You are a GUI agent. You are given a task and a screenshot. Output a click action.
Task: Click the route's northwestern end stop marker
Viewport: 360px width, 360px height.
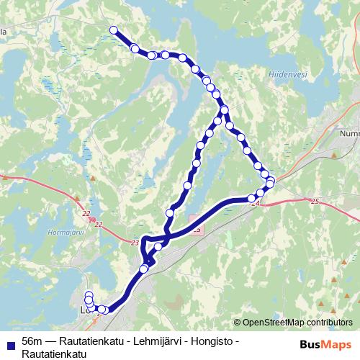pyautogui.click(x=113, y=30)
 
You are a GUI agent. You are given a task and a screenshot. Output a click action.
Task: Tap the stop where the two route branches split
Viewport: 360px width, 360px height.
pyautogui.click(x=225, y=110)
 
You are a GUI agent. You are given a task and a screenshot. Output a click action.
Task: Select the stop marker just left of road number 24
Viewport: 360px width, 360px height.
pyautogui.click(x=251, y=198)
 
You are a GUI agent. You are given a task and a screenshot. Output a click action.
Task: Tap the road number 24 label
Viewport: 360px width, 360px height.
pyautogui.click(x=255, y=204)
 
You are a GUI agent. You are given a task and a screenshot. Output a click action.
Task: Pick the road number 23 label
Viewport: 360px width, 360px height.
pyautogui.click(x=135, y=243)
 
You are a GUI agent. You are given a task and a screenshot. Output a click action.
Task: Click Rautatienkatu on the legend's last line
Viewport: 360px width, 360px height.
pyautogui.click(x=54, y=354)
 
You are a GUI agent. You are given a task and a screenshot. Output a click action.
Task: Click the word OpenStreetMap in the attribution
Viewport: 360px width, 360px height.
pyautogui.click(x=274, y=323)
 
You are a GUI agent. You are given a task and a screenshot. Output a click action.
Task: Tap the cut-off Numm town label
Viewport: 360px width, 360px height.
pyautogui.click(x=349, y=133)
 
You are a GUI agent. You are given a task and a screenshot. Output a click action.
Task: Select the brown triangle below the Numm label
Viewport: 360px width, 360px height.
pyautogui.click(x=336, y=154)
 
